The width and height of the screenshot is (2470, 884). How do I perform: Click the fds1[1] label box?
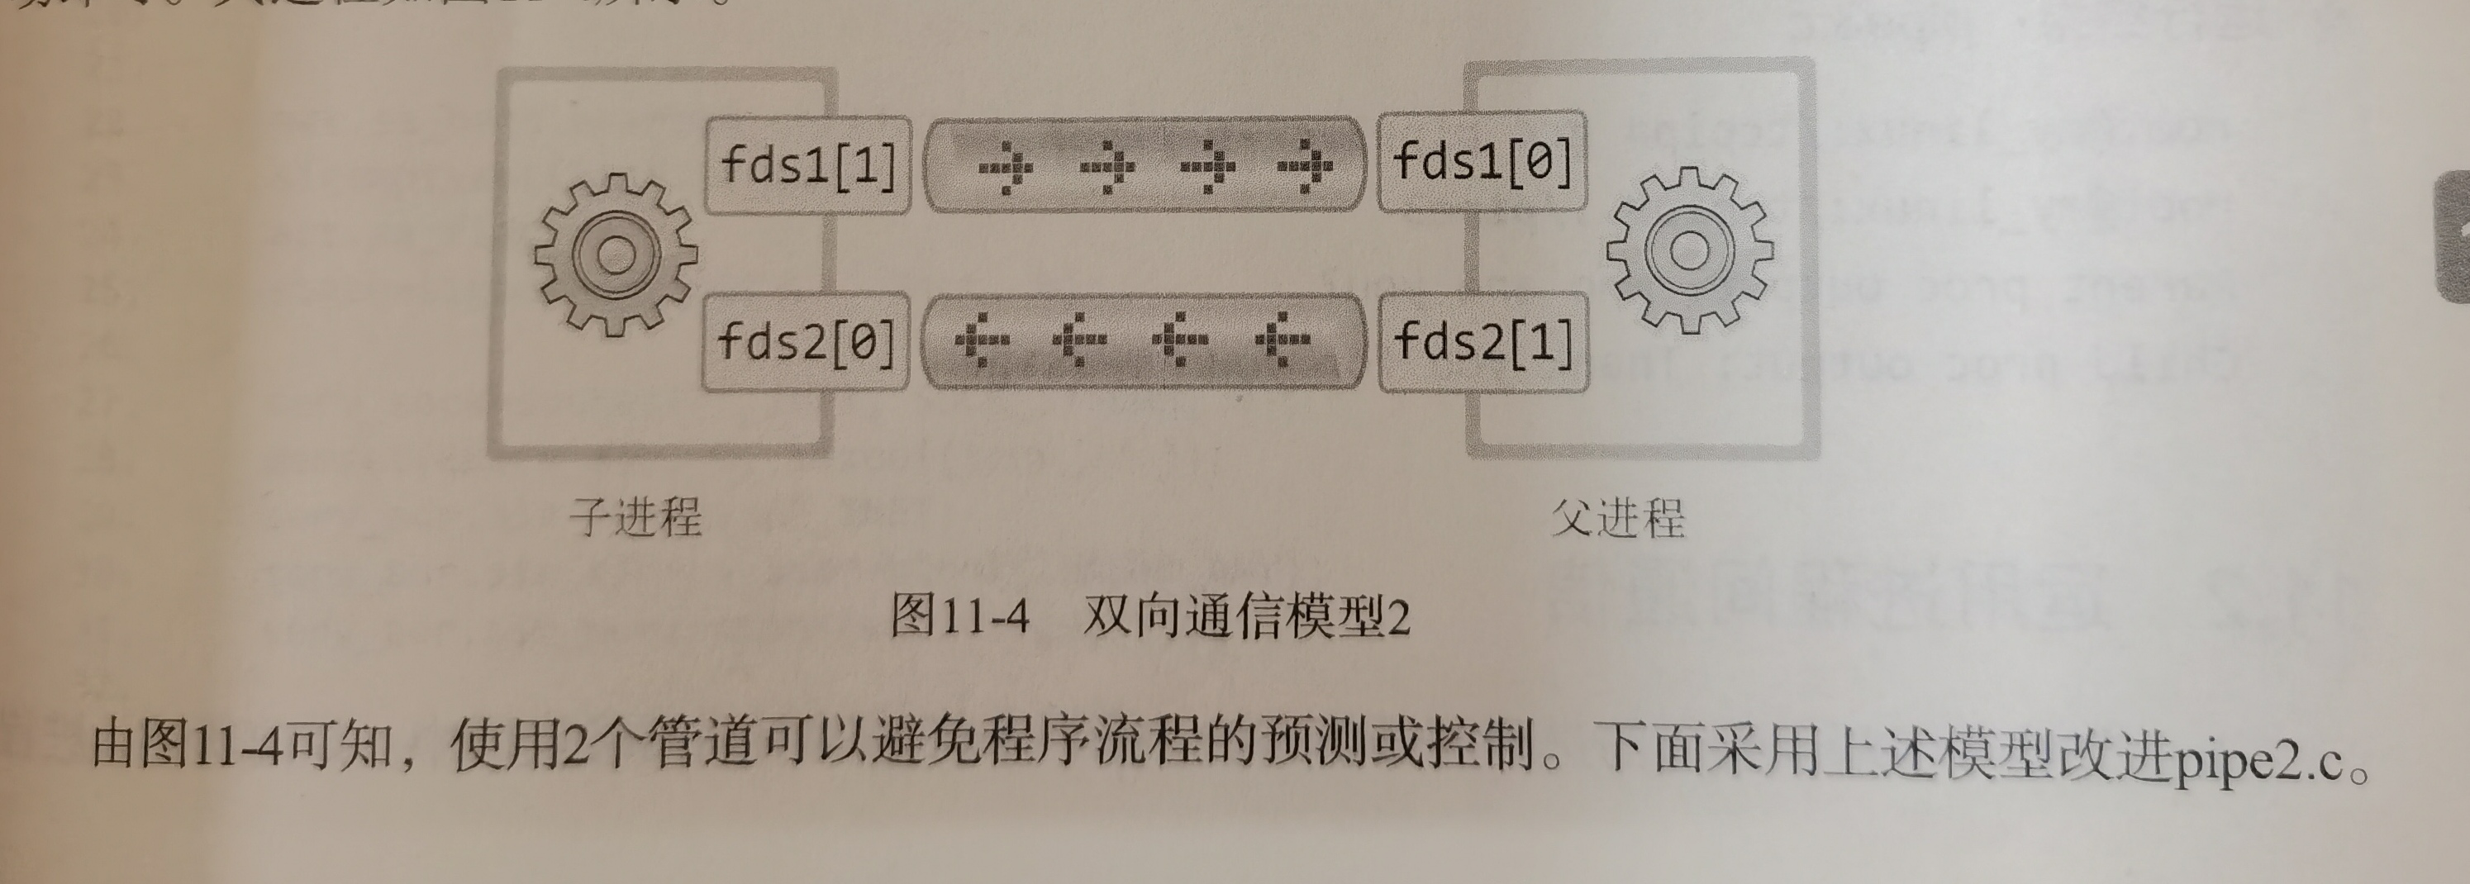click(807, 165)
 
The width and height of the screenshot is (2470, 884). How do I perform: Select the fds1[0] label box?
click(1482, 161)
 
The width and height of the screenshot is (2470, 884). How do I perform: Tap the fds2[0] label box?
click(806, 341)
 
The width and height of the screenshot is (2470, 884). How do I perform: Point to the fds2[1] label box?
click(1482, 341)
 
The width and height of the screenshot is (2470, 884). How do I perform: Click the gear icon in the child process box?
click(616, 254)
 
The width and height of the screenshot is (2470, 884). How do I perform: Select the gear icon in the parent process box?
click(1689, 251)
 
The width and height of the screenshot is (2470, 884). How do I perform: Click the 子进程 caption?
click(635, 518)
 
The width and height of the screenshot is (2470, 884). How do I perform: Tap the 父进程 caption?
click(1617, 519)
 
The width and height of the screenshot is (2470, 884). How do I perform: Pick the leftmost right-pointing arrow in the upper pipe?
click(1005, 168)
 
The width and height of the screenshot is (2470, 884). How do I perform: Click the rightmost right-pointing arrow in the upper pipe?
click(1306, 166)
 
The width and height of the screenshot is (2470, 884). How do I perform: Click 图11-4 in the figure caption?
click(959, 615)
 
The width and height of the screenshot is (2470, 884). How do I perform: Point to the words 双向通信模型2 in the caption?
click(1246, 616)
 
